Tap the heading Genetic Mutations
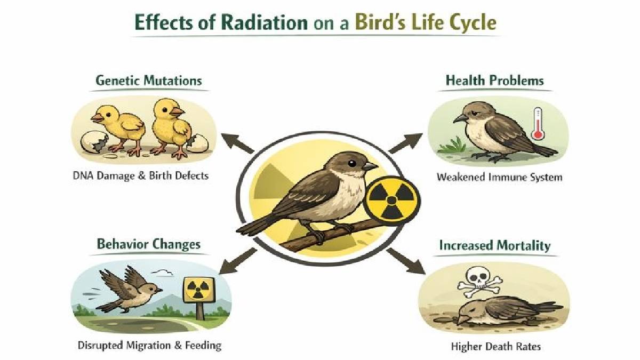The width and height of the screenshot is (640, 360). point(149,81)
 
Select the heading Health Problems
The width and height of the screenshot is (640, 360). point(494,81)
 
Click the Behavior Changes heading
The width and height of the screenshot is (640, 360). point(149,244)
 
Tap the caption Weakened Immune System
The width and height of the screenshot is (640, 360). point(499,177)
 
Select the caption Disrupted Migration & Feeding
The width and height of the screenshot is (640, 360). point(149,345)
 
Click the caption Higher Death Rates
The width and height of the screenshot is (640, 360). point(496,347)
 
